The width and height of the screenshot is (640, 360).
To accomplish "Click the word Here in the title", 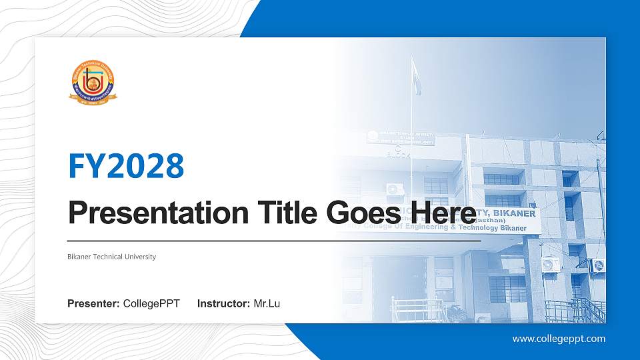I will (x=445, y=213).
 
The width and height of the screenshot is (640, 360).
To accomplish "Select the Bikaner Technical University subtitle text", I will (x=112, y=257).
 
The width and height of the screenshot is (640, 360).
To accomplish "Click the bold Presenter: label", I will (x=94, y=304).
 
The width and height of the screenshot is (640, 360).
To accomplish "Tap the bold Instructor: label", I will (x=224, y=304).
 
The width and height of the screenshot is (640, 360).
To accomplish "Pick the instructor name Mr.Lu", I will (x=267, y=304).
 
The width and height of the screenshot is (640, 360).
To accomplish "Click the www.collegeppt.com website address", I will (x=559, y=339).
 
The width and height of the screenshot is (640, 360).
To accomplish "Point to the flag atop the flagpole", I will (x=415, y=67).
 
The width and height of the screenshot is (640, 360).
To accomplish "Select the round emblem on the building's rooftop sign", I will (x=372, y=137).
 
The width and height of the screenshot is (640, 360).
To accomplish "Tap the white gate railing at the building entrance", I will (x=417, y=310).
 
